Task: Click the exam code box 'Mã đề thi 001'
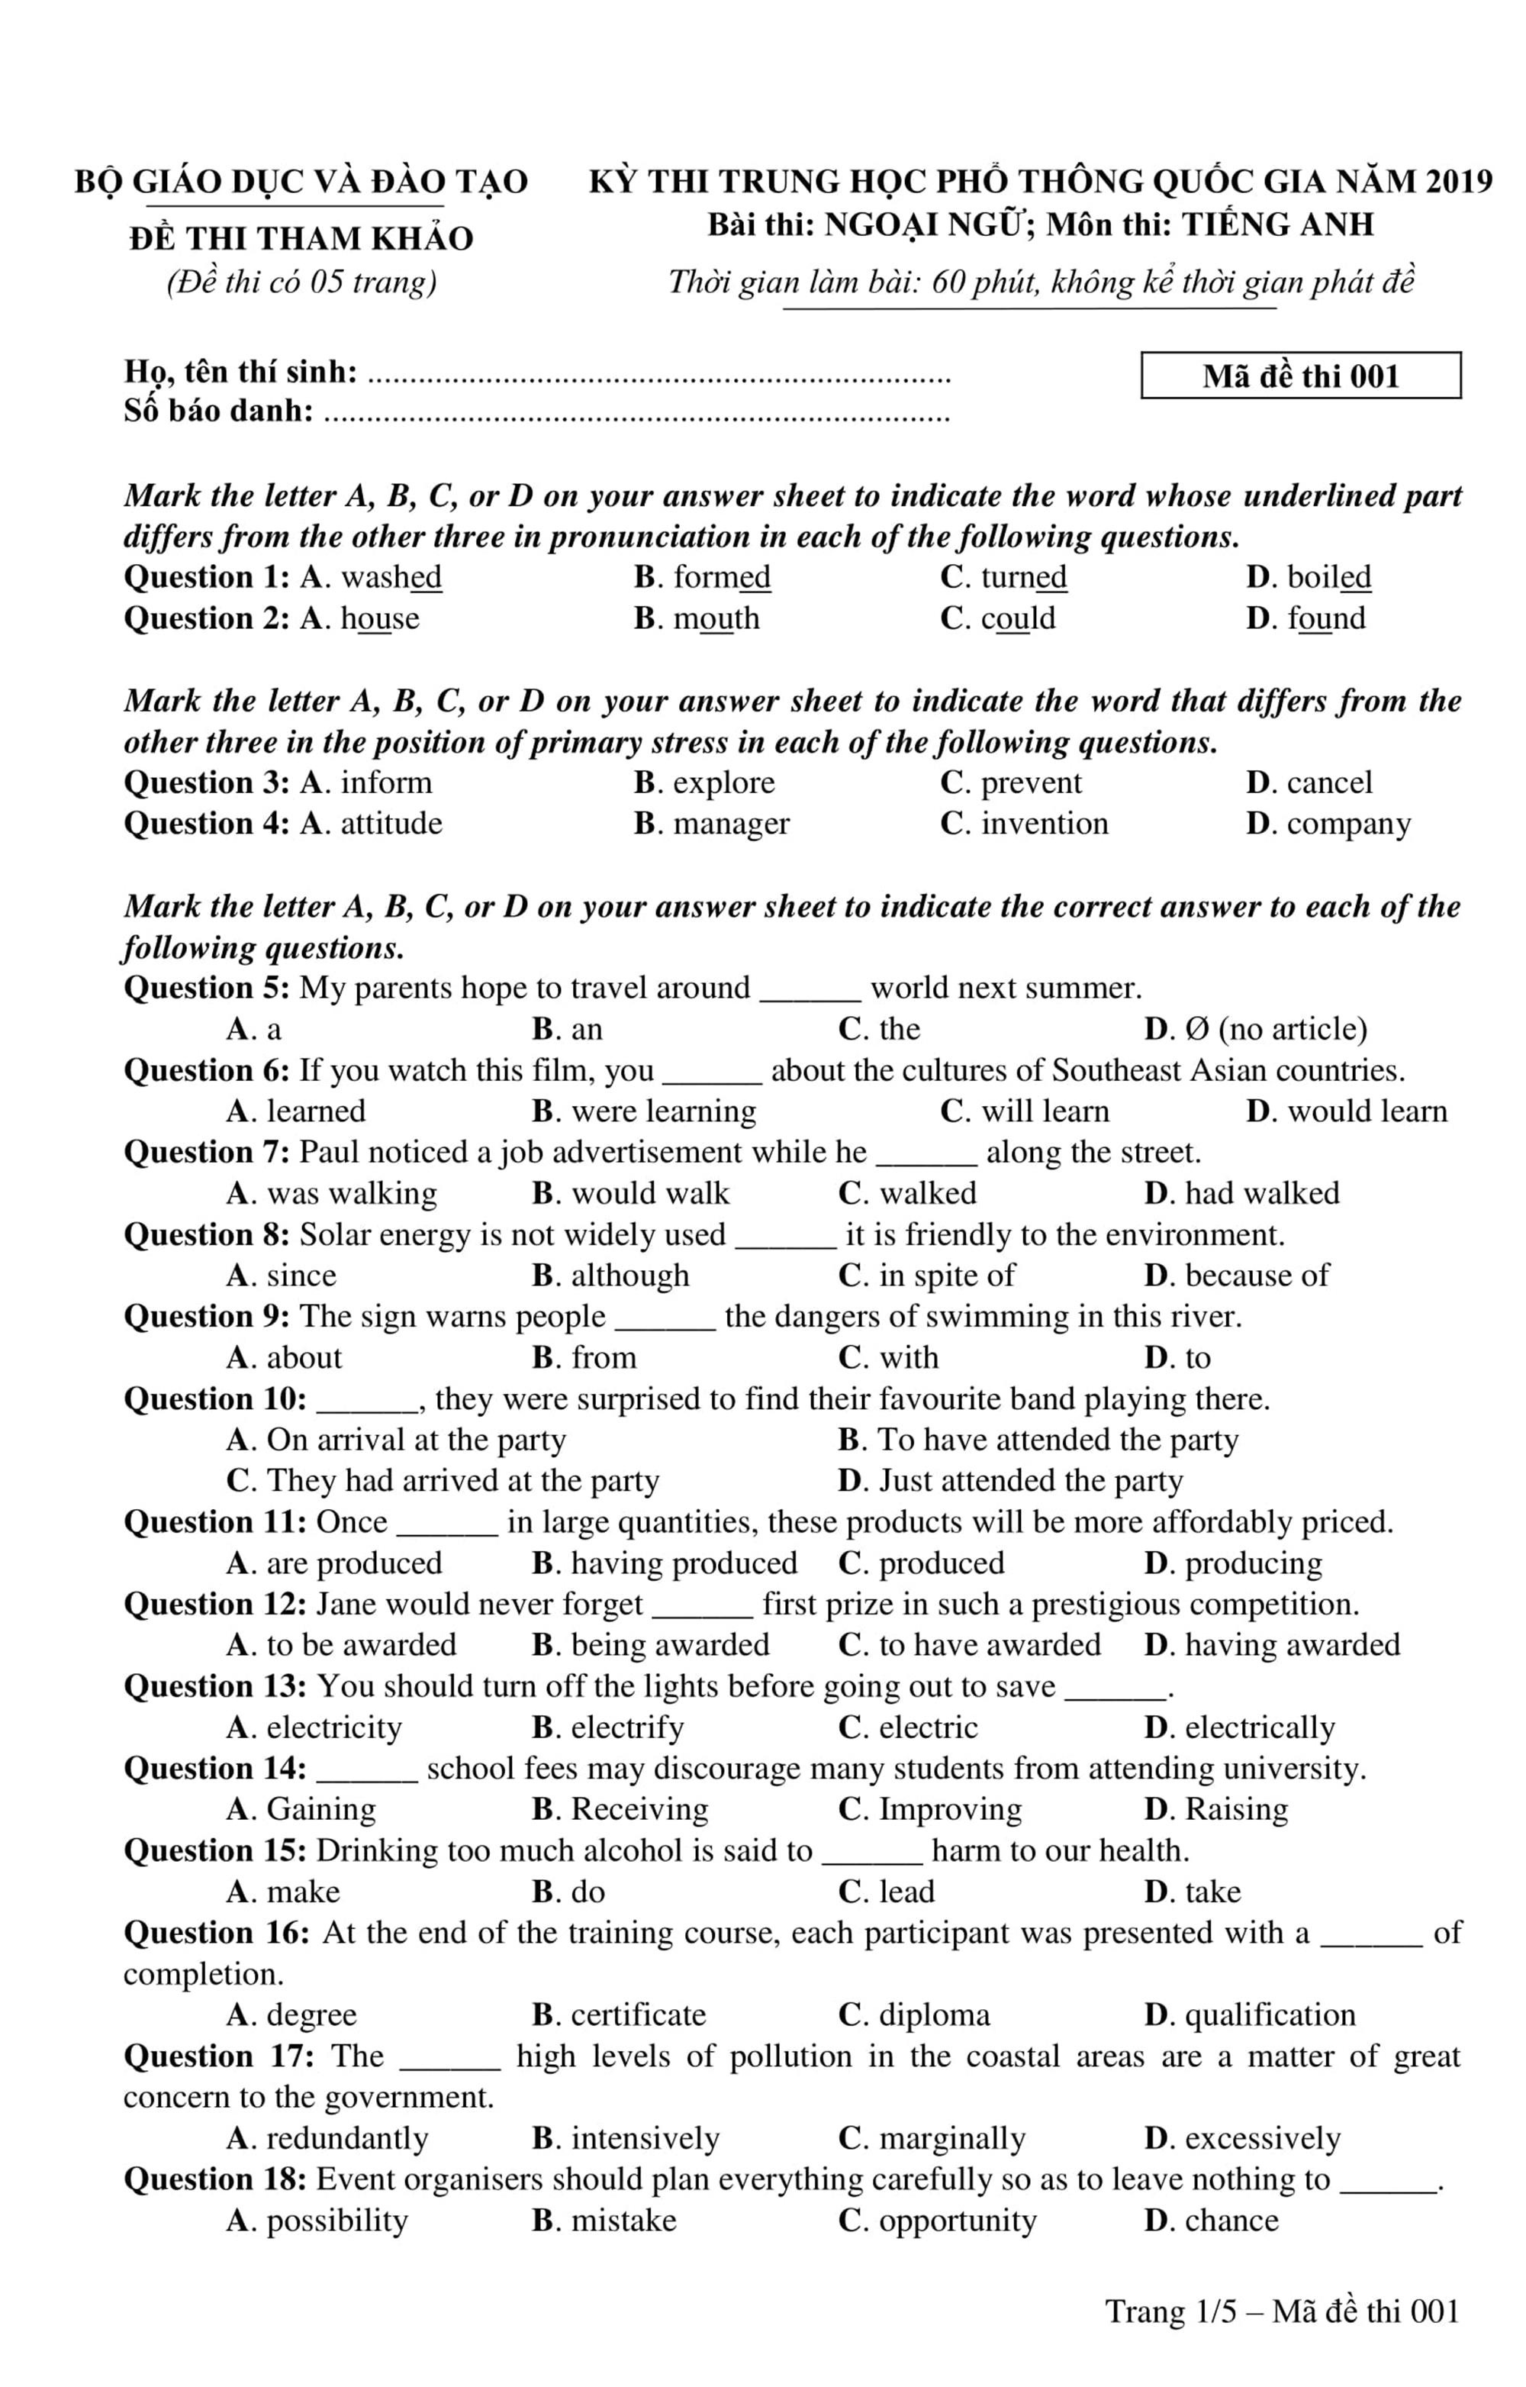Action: pos(1300,376)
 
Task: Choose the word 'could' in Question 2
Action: pos(1018,618)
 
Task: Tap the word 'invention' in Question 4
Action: pos(1045,824)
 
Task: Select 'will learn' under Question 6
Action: pos(1045,1111)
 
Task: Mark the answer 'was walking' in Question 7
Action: pos(352,1194)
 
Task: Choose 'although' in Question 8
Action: pos(629,1276)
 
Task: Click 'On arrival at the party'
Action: pos(416,1440)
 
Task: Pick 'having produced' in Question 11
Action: pos(684,1563)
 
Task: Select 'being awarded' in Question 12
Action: pos(670,1646)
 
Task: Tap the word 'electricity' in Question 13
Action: pos(334,1727)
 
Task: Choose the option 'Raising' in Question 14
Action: pos(1235,1810)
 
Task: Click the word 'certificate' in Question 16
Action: pos(638,2015)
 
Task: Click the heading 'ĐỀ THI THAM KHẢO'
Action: pos(301,239)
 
